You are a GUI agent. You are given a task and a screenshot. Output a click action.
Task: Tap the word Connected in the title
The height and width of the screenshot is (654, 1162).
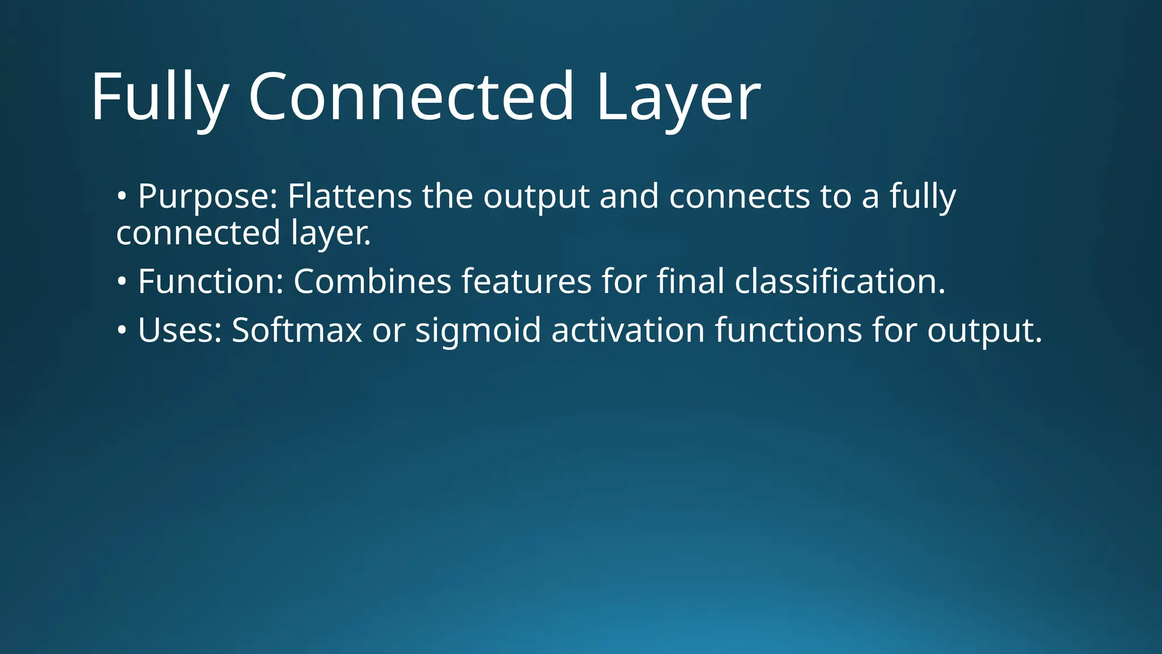(411, 97)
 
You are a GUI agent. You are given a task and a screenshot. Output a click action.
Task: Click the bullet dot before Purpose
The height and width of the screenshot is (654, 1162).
(121, 196)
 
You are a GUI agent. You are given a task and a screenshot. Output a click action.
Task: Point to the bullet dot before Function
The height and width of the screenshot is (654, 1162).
(121, 282)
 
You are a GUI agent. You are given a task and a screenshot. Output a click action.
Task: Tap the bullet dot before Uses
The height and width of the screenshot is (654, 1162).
(121, 330)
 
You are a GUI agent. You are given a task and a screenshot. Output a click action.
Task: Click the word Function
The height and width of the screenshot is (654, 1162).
(210, 281)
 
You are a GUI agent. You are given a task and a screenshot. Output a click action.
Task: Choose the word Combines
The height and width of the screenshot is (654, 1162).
(372, 281)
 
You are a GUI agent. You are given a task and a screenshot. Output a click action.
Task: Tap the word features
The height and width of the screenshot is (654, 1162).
(527, 281)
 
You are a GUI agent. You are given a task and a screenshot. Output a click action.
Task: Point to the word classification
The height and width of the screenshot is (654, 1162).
(840, 281)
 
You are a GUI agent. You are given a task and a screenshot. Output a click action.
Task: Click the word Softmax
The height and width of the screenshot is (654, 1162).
(297, 330)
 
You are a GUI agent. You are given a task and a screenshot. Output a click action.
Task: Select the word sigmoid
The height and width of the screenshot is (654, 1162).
(478, 331)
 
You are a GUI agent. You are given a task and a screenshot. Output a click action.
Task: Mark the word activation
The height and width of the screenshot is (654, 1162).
(628, 330)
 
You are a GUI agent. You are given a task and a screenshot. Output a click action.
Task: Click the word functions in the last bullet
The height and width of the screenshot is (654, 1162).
(788, 330)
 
